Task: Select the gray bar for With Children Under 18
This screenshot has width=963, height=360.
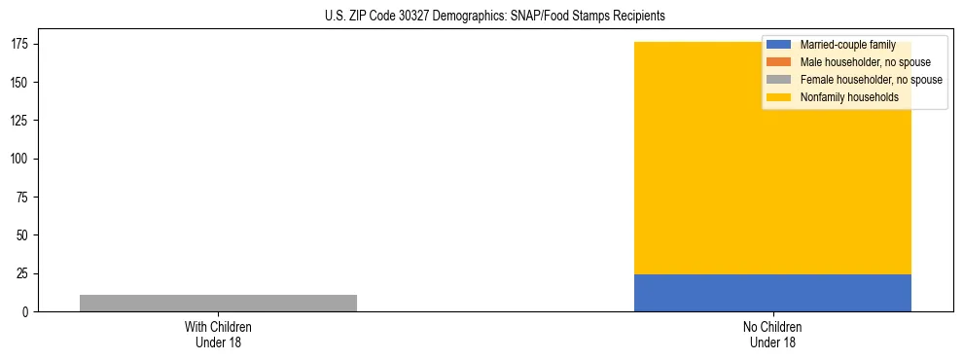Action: [x=218, y=303]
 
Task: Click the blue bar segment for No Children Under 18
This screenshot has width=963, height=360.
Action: [x=772, y=293]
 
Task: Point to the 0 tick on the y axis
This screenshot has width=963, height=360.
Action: [x=28, y=312]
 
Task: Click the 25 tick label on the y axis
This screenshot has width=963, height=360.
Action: [x=25, y=273]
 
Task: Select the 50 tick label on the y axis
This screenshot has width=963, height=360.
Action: [x=25, y=235]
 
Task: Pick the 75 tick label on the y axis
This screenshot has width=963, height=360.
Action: [x=25, y=198]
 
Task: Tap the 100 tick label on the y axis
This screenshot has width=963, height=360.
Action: [x=22, y=160]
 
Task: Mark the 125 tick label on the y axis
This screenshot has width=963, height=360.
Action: [x=22, y=121]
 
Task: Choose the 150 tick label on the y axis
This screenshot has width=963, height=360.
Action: [x=22, y=83]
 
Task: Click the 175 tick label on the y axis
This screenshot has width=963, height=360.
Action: [x=22, y=45]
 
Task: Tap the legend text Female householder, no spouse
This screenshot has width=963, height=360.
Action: [x=871, y=80]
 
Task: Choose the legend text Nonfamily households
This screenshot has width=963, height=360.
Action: [x=849, y=97]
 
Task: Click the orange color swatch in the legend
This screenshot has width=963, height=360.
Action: [x=778, y=62]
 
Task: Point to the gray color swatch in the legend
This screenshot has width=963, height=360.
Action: [x=778, y=80]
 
